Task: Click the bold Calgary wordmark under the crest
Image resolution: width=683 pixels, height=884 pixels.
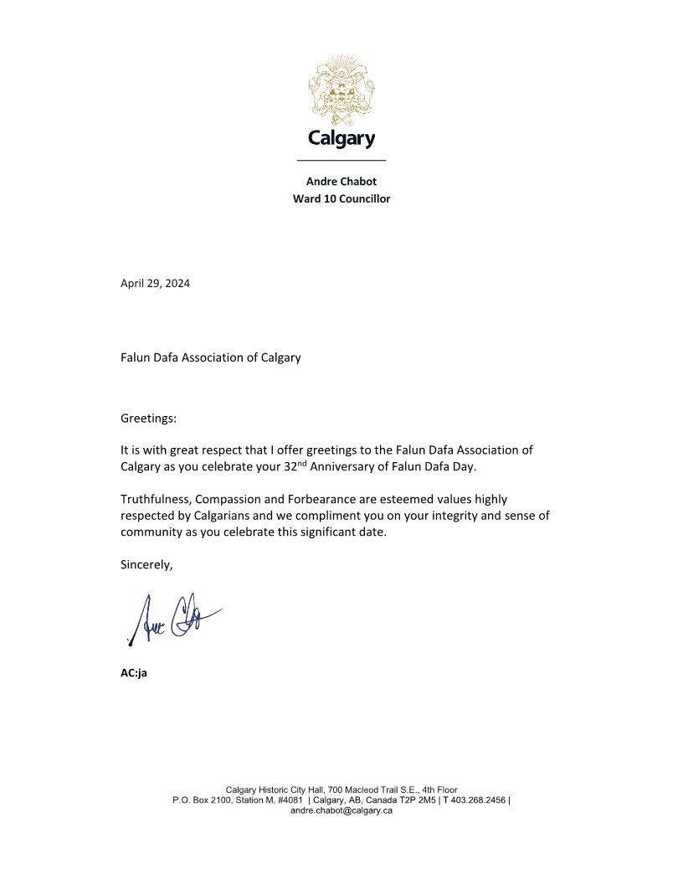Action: [x=341, y=138]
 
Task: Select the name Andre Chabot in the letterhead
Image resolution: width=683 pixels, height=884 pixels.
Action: [x=341, y=181]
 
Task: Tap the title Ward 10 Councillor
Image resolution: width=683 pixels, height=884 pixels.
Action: [x=341, y=198]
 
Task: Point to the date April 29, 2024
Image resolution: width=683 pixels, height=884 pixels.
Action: [x=155, y=283]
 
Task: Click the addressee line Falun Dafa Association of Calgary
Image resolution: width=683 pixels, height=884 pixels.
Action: [x=210, y=357]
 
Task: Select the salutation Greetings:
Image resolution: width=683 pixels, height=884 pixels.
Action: [x=148, y=417]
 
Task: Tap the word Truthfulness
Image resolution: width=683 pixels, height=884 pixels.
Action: [x=155, y=499]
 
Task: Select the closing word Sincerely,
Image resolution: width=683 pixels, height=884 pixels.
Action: [x=146, y=564]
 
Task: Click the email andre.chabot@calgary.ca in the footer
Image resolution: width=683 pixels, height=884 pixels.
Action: [x=341, y=811]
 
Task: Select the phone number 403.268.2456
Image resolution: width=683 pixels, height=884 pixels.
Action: [x=478, y=800]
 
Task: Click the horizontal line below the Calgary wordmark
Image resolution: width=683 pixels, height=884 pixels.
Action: [x=341, y=159]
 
